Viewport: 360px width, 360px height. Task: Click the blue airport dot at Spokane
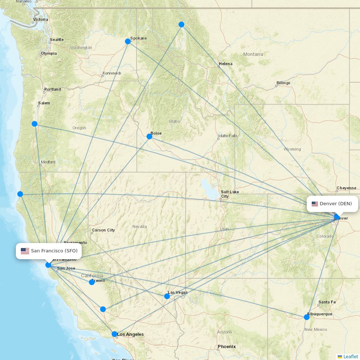click(127, 41)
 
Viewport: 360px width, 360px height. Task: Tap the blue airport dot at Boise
click(149, 136)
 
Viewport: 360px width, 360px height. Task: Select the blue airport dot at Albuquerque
click(307, 317)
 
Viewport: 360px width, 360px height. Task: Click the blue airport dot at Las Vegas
click(167, 296)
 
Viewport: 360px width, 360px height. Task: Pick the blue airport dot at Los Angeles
click(114, 334)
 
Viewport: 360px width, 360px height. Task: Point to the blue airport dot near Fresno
click(92, 282)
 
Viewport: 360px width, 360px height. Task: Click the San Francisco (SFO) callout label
click(49, 251)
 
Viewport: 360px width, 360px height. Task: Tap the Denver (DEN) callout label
click(332, 204)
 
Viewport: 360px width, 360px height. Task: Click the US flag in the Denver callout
click(315, 204)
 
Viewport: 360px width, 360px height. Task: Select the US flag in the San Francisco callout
click(25, 251)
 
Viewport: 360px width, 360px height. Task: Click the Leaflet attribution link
click(350, 356)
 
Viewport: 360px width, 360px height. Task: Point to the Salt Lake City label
click(229, 194)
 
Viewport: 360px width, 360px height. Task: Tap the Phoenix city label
click(227, 347)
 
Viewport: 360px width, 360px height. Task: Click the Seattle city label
click(57, 40)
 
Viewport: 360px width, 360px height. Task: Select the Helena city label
click(226, 64)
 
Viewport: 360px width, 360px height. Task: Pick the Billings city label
click(283, 83)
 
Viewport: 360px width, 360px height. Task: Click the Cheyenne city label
click(346, 188)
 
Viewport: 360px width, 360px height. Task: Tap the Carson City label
click(103, 230)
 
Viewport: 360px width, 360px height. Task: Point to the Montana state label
click(253, 54)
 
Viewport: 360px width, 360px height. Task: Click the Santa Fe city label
click(327, 302)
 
